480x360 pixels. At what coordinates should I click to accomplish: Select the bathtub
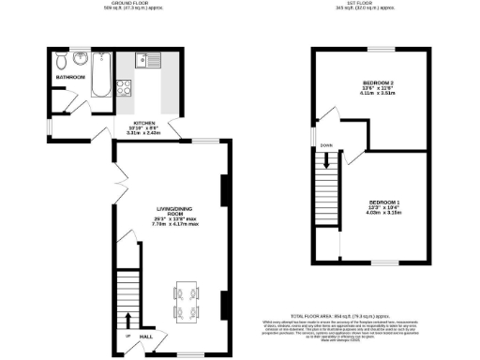point(101,74)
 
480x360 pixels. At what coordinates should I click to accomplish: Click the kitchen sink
point(148,62)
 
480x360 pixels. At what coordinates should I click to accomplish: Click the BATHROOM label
point(69,77)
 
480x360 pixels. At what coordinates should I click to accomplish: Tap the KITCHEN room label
point(144,122)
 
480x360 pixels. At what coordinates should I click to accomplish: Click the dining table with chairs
point(186,299)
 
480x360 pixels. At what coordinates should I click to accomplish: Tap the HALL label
point(147,335)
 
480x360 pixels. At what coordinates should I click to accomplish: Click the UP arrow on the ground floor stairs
point(127,336)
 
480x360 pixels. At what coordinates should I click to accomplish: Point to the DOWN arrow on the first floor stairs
point(326,146)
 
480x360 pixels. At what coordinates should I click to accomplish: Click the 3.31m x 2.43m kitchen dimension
point(144,133)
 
